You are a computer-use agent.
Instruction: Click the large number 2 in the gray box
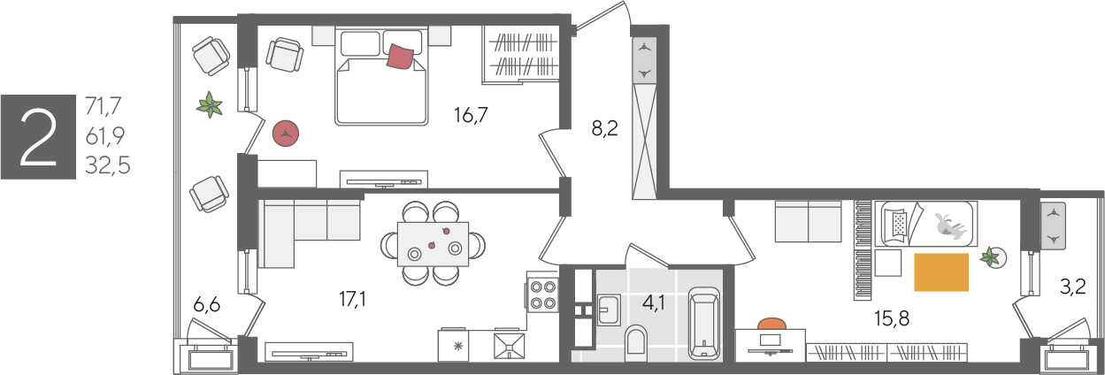[38, 138]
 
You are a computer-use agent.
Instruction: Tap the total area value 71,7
[104, 105]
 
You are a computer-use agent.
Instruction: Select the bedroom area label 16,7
[471, 115]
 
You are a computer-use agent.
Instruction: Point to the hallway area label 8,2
[605, 129]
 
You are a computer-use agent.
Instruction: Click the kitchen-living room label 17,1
[352, 299]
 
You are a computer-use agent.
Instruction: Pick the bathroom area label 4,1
[654, 302]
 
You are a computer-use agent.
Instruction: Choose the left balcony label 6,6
[207, 305]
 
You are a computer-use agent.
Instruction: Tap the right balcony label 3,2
[1073, 287]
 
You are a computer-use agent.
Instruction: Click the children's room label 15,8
[892, 318]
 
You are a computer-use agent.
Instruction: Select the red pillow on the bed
[401, 57]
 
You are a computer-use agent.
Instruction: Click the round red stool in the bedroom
[286, 134]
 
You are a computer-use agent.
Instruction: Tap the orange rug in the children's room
[941, 272]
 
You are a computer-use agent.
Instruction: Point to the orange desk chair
[772, 324]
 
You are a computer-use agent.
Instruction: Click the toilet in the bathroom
[636, 342]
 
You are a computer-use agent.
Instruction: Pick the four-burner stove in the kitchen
[542, 295]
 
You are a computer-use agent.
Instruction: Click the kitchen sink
[509, 346]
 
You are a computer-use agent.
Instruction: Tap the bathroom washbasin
[609, 310]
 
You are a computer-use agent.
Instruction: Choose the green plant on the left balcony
[210, 104]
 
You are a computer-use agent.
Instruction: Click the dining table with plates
[433, 244]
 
